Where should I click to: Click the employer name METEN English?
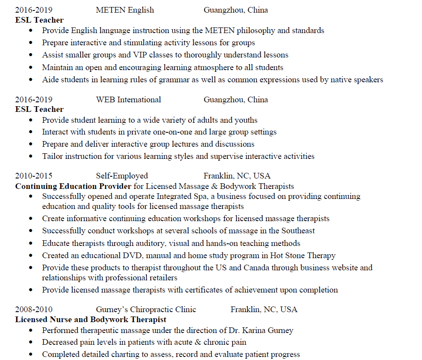click(125, 10)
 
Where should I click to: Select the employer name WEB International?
click(128, 100)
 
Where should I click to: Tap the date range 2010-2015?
click(34, 176)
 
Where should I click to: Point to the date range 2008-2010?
click(34, 310)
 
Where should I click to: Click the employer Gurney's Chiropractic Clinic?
click(146, 310)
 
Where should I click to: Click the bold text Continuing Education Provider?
click(73, 186)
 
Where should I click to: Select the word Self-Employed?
click(122, 176)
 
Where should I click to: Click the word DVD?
click(132, 256)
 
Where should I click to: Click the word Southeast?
click(298, 231)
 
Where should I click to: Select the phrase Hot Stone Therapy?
click(303, 256)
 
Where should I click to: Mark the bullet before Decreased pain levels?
click(30, 343)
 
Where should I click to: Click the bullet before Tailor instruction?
click(30, 156)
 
